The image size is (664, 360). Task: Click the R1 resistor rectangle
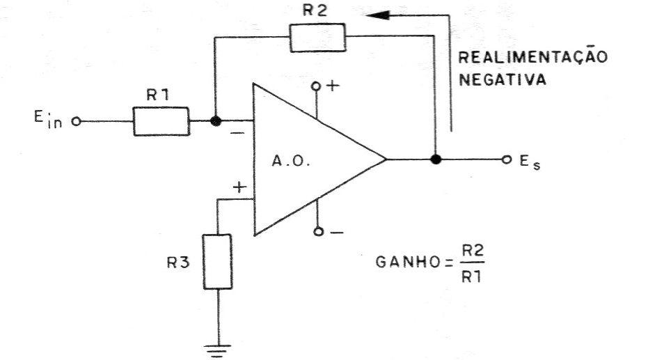click(161, 121)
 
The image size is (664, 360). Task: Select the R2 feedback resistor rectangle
click(317, 38)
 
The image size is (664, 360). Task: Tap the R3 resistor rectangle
click(218, 262)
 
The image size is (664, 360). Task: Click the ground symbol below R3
click(218, 351)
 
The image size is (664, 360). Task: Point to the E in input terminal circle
click(77, 122)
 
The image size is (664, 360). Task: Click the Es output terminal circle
click(507, 159)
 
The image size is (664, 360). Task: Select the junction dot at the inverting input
click(216, 121)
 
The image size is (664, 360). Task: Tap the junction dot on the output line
click(436, 159)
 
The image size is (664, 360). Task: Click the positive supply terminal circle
click(315, 86)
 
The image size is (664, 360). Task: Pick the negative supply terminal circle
click(319, 232)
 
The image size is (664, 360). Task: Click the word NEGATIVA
click(503, 79)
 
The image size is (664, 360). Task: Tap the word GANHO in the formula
click(409, 262)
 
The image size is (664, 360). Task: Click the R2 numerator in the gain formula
click(473, 251)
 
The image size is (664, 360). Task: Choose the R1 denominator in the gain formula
click(471, 277)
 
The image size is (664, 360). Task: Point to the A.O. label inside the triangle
click(291, 162)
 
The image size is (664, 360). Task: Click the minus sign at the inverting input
click(237, 134)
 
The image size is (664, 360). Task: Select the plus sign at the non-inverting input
click(239, 187)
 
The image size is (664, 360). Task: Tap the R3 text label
click(178, 263)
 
